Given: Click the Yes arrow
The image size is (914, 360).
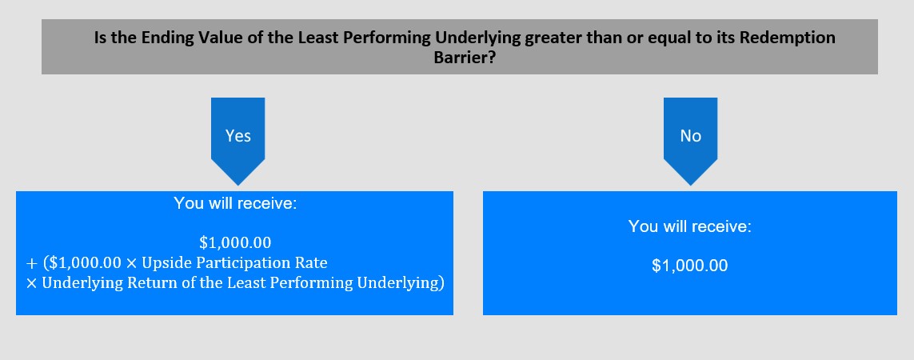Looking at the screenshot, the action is (237, 141).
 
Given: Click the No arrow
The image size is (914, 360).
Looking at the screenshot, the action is (690, 141).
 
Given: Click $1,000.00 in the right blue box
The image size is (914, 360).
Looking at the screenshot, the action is (690, 266).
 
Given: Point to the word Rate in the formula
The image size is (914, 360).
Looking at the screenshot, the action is (313, 262).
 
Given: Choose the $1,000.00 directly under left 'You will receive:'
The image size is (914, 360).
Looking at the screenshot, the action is (235, 242).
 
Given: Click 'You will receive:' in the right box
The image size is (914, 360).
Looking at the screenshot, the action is (690, 226).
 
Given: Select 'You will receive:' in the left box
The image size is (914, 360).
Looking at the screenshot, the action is (235, 203).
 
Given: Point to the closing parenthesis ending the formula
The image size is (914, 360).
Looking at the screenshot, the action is (442, 283).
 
